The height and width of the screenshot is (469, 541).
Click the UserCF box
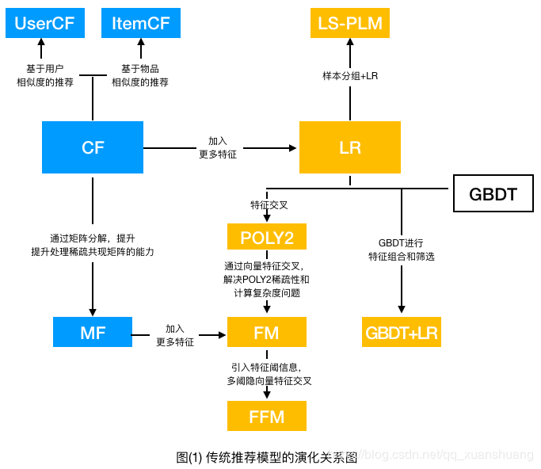pos(44,23)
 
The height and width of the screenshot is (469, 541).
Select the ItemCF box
pos(141,23)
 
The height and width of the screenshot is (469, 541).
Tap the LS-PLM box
pos(349,23)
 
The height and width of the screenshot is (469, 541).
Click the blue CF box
pos(93,147)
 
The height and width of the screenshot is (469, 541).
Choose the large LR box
pos(349,147)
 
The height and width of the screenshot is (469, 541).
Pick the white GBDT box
pos(493,194)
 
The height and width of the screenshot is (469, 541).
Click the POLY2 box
pos(266,237)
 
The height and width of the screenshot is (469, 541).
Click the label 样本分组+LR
pos(349,76)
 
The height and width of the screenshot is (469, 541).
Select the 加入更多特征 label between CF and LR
pos(218,147)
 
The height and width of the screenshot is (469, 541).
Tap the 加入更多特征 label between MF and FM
pos(175,334)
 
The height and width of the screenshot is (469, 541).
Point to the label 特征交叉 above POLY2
pos(269,204)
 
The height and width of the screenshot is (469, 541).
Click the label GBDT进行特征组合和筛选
pos(402,250)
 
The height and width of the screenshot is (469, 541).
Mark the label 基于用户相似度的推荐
pos(45,75)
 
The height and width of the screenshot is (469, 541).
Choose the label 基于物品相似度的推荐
pos(140,75)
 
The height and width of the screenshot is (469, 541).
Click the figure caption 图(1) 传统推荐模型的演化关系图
pos(267,457)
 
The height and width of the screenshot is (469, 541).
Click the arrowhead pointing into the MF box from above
pos(93,311)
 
